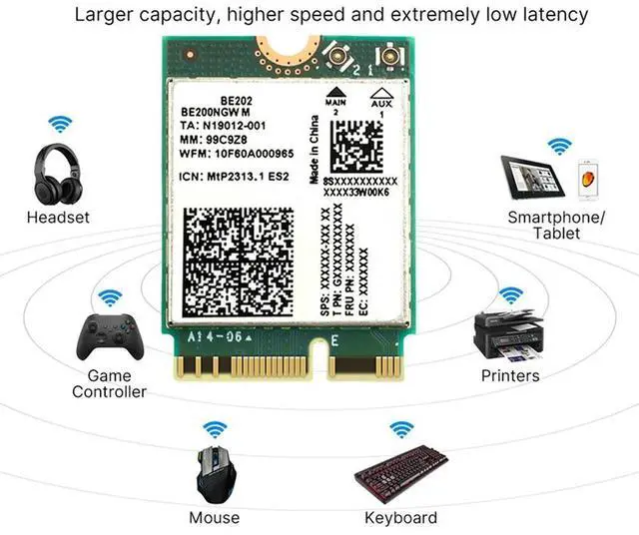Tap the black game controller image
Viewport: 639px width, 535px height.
pyautogui.click(x=109, y=337)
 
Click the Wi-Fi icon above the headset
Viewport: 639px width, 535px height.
pyautogui.click(x=61, y=126)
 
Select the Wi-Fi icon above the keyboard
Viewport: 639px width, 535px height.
pyautogui.click(x=400, y=429)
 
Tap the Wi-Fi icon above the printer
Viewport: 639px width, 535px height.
pyautogui.click(x=510, y=295)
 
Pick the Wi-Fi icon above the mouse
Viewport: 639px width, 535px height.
pyautogui.click(x=214, y=429)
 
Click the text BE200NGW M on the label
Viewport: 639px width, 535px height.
pyautogui.click(x=219, y=113)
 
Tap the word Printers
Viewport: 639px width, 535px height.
pyautogui.click(x=509, y=376)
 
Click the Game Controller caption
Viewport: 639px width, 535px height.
pyautogui.click(x=109, y=384)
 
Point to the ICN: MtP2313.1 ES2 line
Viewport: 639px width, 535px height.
pyautogui.click(x=234, y=176)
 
